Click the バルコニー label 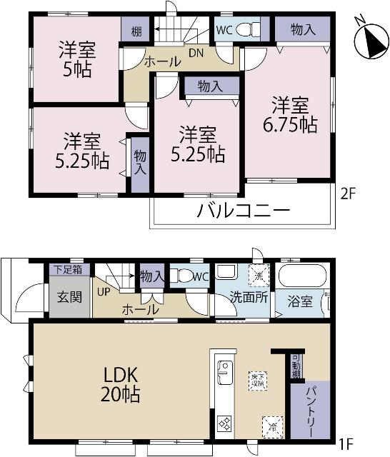click(244, 211)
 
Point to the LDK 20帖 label click(113, 384)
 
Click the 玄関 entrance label click(69, 300)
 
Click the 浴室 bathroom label click(301, 301)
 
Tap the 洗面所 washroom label click(248, 298)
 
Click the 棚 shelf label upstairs click(135, 31)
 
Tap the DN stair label click(196, 51)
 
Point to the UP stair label click(104, 292)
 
